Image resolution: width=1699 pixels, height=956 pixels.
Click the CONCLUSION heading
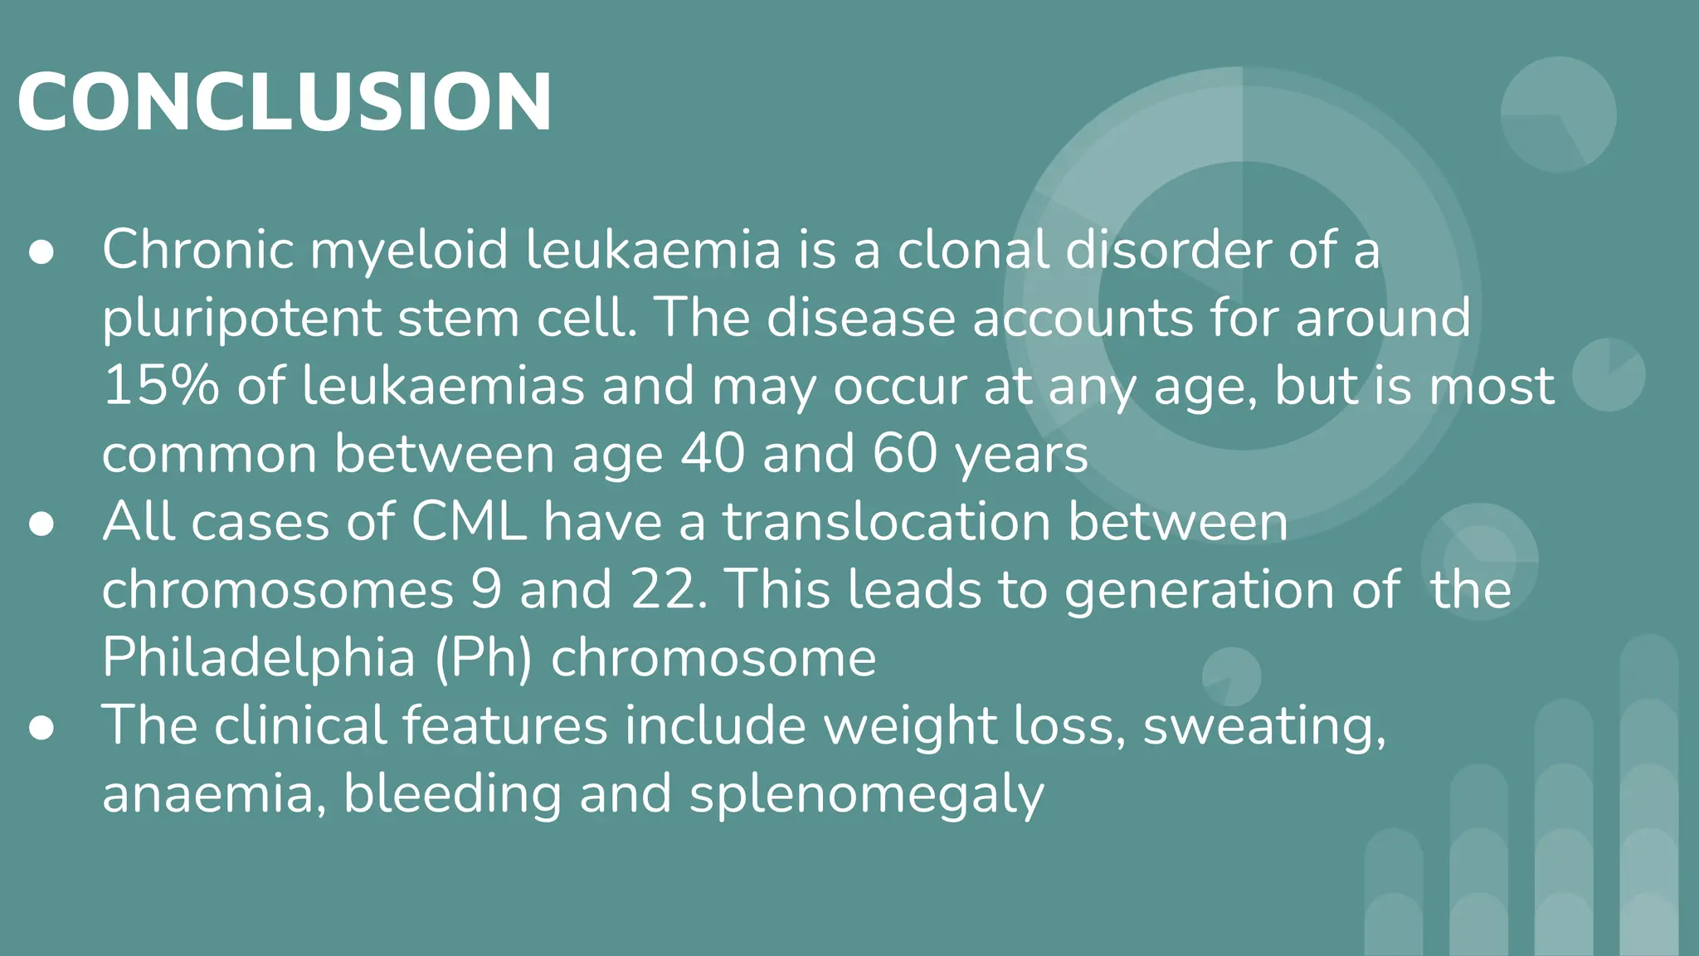284,102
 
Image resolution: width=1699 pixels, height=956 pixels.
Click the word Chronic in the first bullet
197,250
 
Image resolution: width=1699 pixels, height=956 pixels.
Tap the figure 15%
161,386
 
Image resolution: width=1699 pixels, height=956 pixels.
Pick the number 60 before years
905,454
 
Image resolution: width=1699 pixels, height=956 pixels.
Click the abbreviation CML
469,522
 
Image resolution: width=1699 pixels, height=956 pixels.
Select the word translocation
887,522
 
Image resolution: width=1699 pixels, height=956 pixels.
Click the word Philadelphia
258,658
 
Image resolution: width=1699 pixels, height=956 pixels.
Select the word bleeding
452,794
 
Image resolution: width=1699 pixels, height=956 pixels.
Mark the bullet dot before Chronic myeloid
41,252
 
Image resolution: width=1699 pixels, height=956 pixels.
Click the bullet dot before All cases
41,524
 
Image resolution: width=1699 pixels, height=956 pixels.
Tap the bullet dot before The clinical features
41,728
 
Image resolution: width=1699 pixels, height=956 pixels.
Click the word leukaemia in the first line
654,250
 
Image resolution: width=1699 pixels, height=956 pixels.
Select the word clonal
973,250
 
